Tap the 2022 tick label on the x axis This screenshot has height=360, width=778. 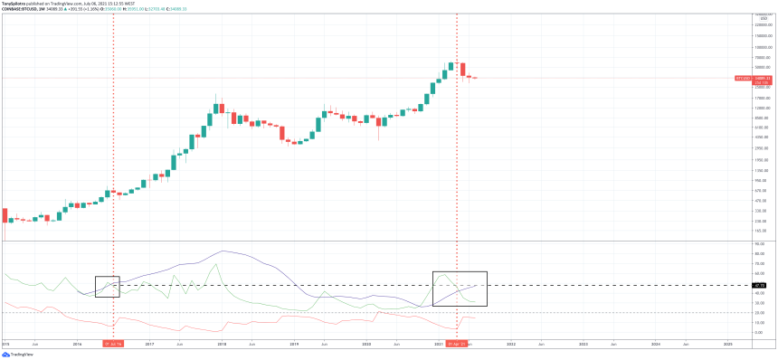[511, 345]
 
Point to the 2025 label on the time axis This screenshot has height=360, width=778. [728, 345]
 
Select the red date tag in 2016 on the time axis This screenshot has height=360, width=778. [113, 345]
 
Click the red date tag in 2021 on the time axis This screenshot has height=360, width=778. [456, 345]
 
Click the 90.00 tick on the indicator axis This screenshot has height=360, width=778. [759, 244]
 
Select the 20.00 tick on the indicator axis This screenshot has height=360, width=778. [759, 313]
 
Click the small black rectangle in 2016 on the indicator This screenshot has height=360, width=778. [107, 286]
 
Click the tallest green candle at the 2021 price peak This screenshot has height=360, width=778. [450, 68]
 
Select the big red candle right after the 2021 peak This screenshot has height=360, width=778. [462, 70]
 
